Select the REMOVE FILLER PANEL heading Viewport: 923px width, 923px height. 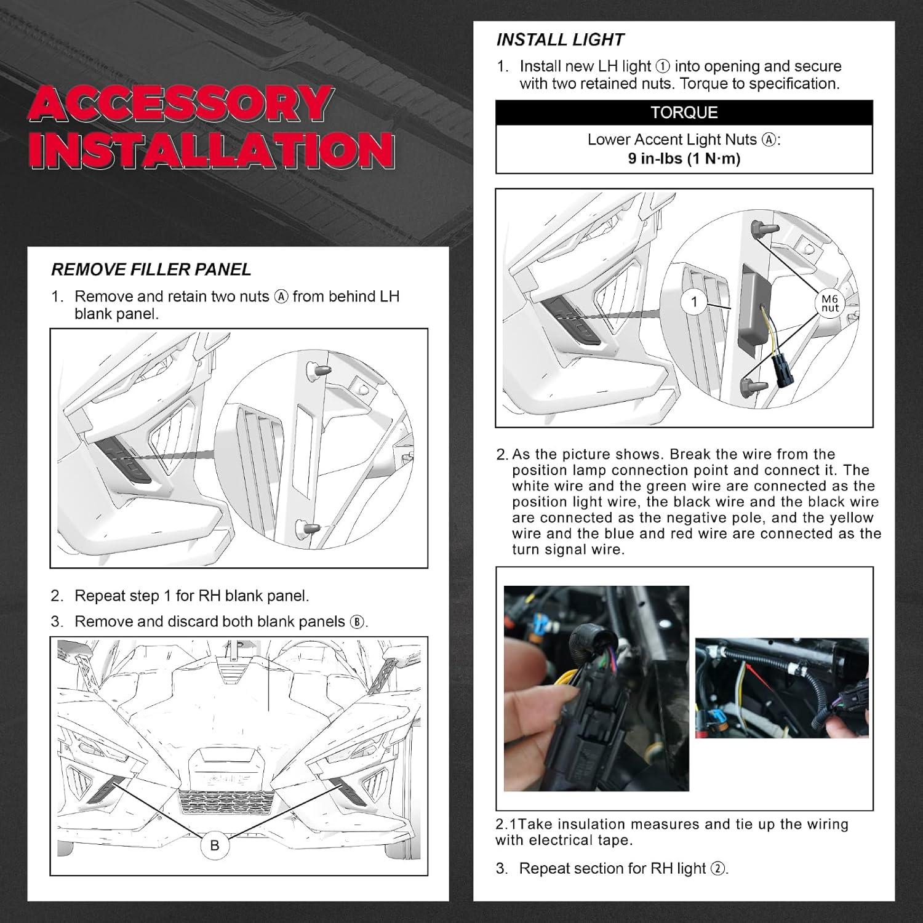[x=151, y=270]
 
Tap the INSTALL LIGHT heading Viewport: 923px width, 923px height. [x=560, y=40]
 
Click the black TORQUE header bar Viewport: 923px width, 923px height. [x=684, y=113]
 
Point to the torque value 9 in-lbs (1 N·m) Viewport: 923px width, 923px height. [x=684, y=159]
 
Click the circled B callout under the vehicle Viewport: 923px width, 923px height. [x=214, y=845]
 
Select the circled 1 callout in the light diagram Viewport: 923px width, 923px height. [x=695, y=302]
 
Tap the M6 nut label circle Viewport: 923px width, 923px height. [x=830, y=303]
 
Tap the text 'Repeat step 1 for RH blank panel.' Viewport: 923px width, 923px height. [x=191, y=596]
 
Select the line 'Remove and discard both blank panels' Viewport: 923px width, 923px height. [x=210, y=621]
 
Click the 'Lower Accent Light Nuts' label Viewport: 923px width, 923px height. [x=672, y=140]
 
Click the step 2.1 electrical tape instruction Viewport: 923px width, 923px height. [x=671, y=832]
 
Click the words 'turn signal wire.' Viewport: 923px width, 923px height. [x=568, y=549]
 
